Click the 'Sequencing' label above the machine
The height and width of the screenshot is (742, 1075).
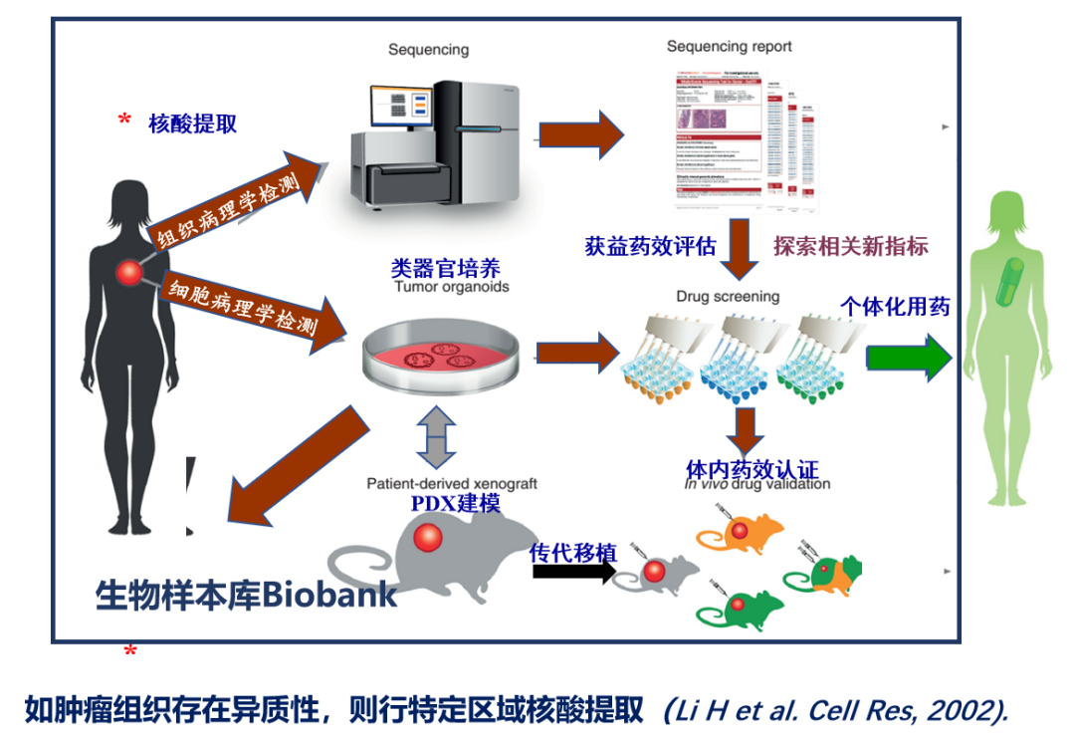(428, 50)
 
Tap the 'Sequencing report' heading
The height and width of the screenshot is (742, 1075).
(729, 47)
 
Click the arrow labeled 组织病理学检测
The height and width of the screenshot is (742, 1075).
(239, 200)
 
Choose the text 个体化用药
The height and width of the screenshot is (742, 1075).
(895, 306)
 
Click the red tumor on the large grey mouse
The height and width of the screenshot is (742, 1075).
(428, 538)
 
